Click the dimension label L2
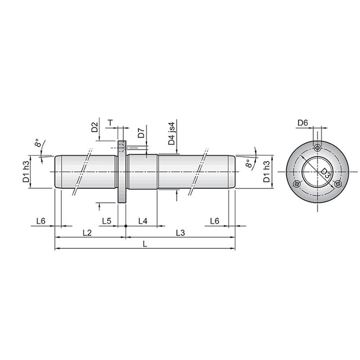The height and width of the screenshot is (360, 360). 87,233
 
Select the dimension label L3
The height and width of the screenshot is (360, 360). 180,233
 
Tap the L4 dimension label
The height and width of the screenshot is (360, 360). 143,221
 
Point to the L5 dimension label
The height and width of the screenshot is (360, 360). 107,221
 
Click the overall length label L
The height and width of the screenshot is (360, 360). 145,244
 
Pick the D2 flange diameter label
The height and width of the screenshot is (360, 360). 94,127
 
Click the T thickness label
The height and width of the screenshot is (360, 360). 110,123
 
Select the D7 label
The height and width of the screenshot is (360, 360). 141,133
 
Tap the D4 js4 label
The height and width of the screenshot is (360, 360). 172,133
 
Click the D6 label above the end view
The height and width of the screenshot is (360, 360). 302,123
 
